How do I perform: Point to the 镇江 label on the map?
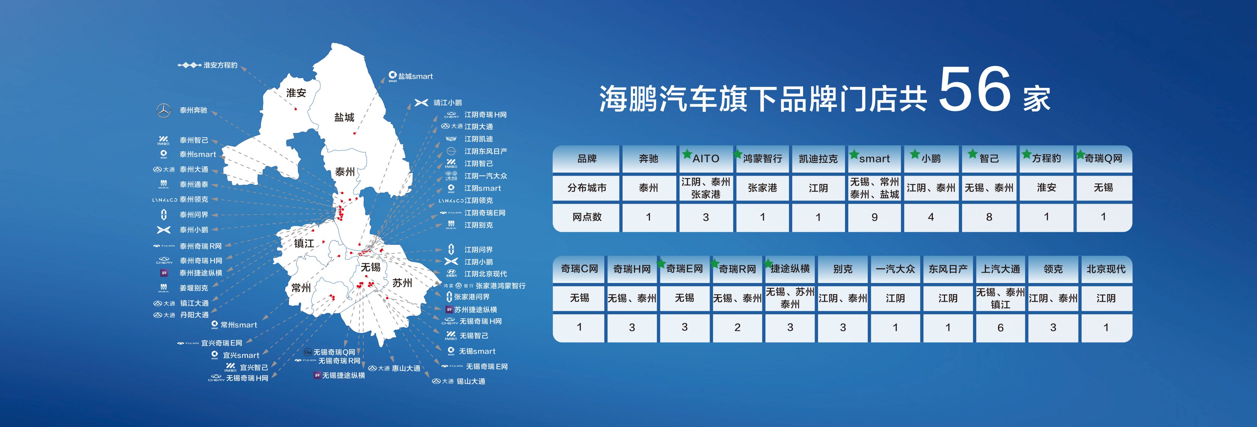(304, 243)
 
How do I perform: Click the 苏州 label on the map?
(402, 283)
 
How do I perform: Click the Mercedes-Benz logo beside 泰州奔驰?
(163, 111)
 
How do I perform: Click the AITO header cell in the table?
(706, 159)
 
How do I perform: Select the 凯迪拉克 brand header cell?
(818, 159)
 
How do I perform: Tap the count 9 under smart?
(874, 217)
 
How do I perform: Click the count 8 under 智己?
(989, 217)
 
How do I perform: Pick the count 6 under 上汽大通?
(1000, 327)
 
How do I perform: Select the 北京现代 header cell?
(1106, 269)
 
